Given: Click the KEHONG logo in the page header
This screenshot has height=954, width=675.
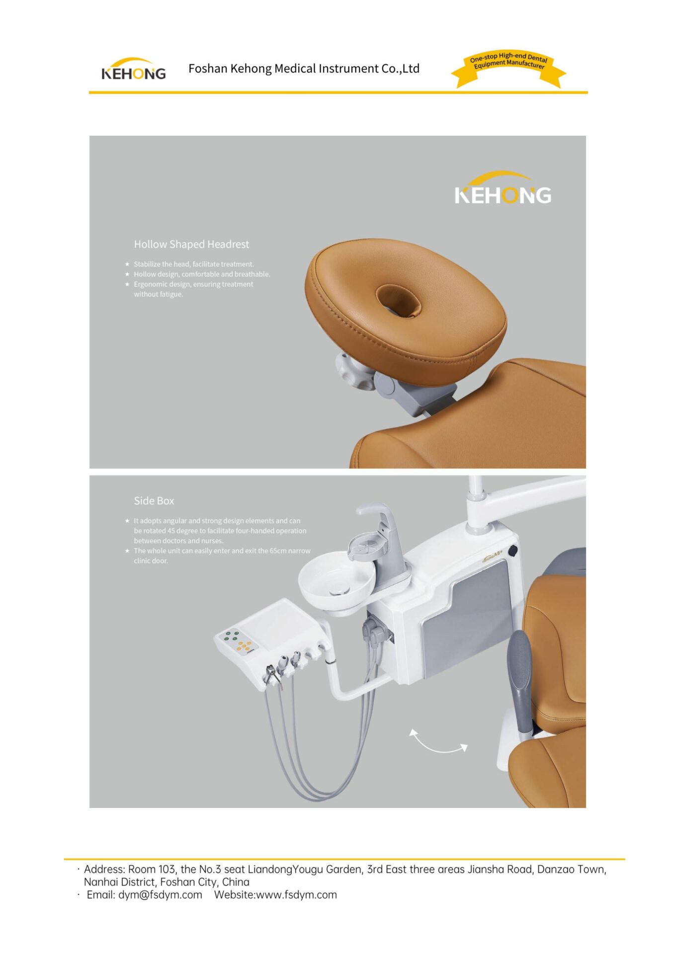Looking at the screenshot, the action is pyautogui.click(x=133, y=69).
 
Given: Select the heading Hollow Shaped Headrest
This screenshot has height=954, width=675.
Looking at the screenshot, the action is pyautogui.click(x=191, y=244).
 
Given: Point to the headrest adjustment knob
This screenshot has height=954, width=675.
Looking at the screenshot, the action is pyautogui.click(x=354, y=371).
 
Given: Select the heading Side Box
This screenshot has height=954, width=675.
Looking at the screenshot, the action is pyautogui.click(x=154, y=500).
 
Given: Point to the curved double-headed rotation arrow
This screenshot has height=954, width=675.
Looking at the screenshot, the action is pyautogui.click(x=437, y=742).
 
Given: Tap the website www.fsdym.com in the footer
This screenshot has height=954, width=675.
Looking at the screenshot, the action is pyautogui.click(x=297, y=894).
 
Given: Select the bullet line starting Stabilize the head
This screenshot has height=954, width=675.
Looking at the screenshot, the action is pyautogui.click(x=194, y=264).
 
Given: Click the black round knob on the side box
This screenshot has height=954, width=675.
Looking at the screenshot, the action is pyautogui.click(x=512, y=550).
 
